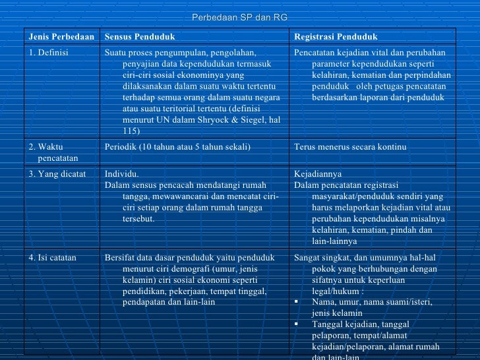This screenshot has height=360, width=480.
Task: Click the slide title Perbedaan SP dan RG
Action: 239,16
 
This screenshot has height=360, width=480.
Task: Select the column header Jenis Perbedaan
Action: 61,37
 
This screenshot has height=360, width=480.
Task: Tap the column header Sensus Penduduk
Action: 140,37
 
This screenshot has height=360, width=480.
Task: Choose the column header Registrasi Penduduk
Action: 336,37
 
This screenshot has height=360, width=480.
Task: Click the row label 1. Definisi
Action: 49,53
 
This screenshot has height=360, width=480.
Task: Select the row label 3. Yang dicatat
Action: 57,174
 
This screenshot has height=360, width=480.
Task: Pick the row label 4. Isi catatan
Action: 53,258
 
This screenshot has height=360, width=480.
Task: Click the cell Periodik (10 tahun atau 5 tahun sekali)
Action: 177,146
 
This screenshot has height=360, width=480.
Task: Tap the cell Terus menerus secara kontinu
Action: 350,146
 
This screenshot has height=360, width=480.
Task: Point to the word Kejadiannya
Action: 318,174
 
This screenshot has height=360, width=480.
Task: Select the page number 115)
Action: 131,131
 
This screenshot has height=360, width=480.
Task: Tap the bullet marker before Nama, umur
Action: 297,302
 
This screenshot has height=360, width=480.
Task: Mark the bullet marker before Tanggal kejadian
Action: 297,324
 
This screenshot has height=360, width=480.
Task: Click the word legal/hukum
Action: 335,291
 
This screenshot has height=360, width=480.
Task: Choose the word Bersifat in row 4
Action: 119,258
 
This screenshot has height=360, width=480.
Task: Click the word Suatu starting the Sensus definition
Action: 115,53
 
